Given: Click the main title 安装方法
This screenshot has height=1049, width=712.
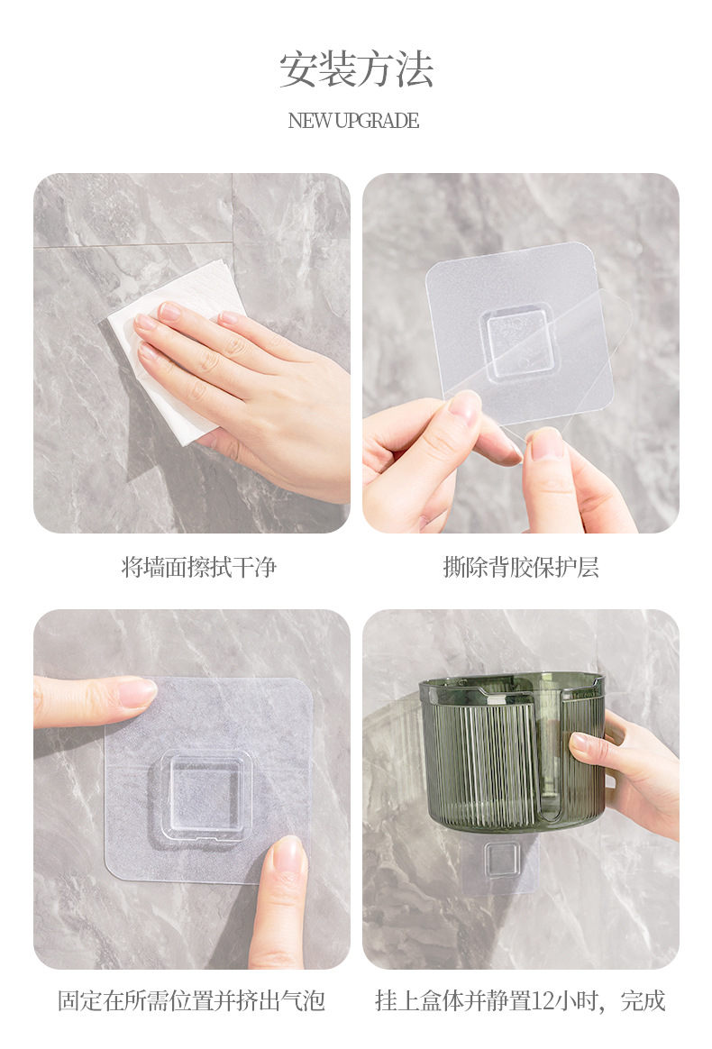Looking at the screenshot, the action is tap(356, 69).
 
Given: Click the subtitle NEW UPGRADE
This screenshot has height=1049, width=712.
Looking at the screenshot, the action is tap(353, 121).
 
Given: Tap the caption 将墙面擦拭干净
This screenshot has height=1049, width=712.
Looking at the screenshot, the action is tap(199, 568).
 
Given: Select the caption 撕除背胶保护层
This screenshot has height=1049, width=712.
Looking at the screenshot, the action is tap(521, 568).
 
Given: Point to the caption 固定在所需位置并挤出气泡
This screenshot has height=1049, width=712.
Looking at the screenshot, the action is tap(191, 1001).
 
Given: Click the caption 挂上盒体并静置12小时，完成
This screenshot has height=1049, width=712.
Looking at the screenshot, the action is tap(520, 1001).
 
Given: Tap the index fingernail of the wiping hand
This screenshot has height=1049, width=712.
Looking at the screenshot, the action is tap(170, 310).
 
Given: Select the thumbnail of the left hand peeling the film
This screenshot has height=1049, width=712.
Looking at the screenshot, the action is tap(465, 406).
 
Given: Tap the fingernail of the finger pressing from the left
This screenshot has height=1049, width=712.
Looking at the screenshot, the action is tap(137, 693).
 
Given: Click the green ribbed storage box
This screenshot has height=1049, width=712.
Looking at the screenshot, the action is tap(512, 752).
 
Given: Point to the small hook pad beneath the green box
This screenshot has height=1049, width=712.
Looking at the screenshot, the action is tap(502, 863).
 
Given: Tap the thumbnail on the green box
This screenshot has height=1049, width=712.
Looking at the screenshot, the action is tap(580, 743).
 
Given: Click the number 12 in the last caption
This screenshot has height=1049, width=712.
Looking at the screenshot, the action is tap(542, 1001).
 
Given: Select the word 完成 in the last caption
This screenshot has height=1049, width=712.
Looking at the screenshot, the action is tap(644, 1001).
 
